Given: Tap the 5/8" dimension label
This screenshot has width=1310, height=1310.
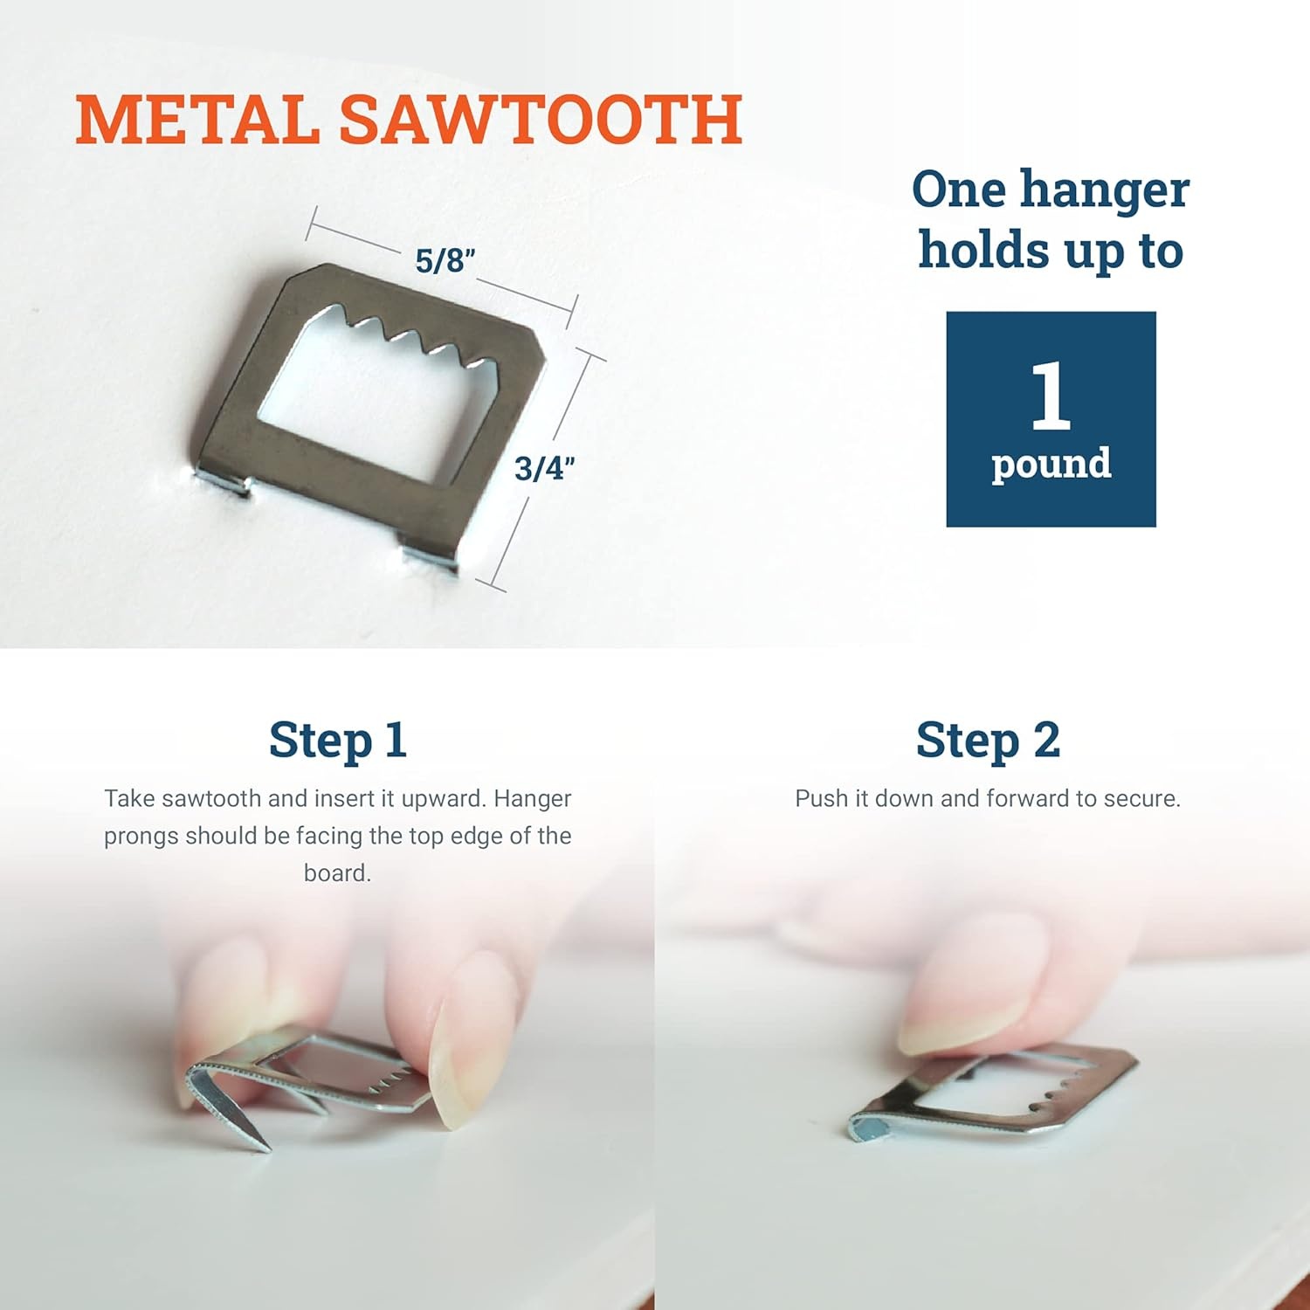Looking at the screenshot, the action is [x=445, y=260].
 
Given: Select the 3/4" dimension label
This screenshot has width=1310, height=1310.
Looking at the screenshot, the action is [x=545, y=468].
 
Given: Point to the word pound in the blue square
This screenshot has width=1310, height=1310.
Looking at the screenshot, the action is [x=1051, y=464].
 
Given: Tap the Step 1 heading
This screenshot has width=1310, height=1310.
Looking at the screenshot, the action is [x=338, y=740].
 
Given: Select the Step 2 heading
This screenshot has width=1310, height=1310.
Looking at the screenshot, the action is [x=988, y=740].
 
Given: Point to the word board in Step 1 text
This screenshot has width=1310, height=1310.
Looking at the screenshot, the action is [x=337, y=873].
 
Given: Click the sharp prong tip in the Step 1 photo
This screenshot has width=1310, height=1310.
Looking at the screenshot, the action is [x=263, y=1146].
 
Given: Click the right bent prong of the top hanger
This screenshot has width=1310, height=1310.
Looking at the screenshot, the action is [x=428, y=559].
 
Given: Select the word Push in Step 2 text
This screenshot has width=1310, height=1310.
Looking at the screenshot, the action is [x=821, y=799].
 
